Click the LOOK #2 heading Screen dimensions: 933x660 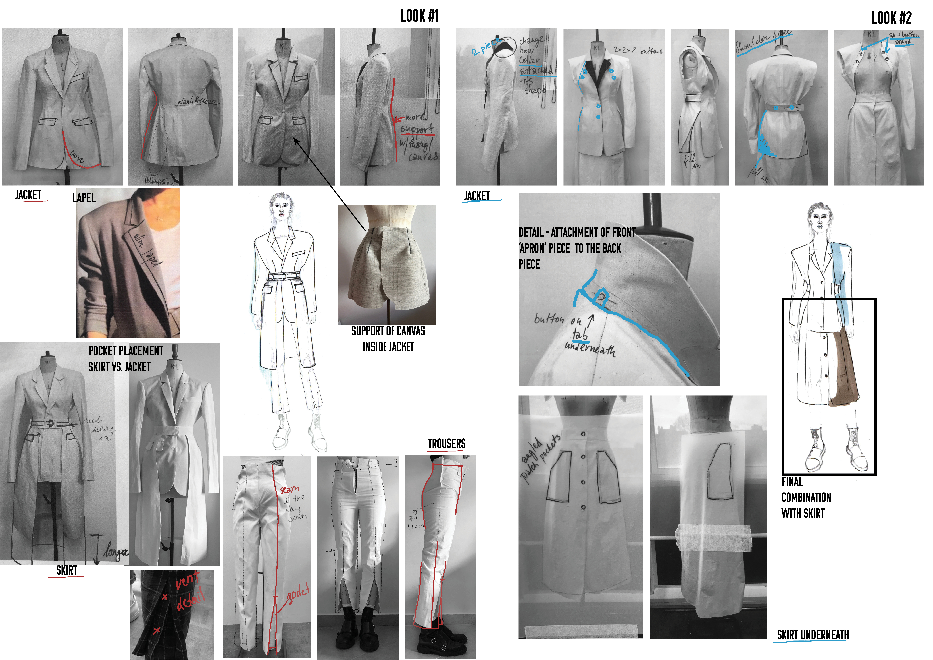pyautogui.click(x=891, y=18)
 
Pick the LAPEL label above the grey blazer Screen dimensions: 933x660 pyautogui.click(x=84, y=198)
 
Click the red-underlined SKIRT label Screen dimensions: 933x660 pyautogui.click(x=66, y=571)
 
